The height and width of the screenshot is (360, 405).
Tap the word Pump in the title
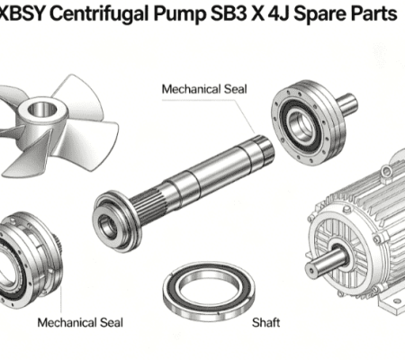click(x=179, y=13)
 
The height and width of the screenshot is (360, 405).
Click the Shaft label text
click(x=265, y=322)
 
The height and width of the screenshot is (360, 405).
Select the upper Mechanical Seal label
click(x=204, y=89)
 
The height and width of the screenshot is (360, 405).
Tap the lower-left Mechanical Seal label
click(x=80, y=322)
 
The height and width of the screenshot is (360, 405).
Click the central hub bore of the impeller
click(x=42, y=109)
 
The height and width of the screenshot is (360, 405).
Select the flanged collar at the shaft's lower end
click(x=115, y=221)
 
